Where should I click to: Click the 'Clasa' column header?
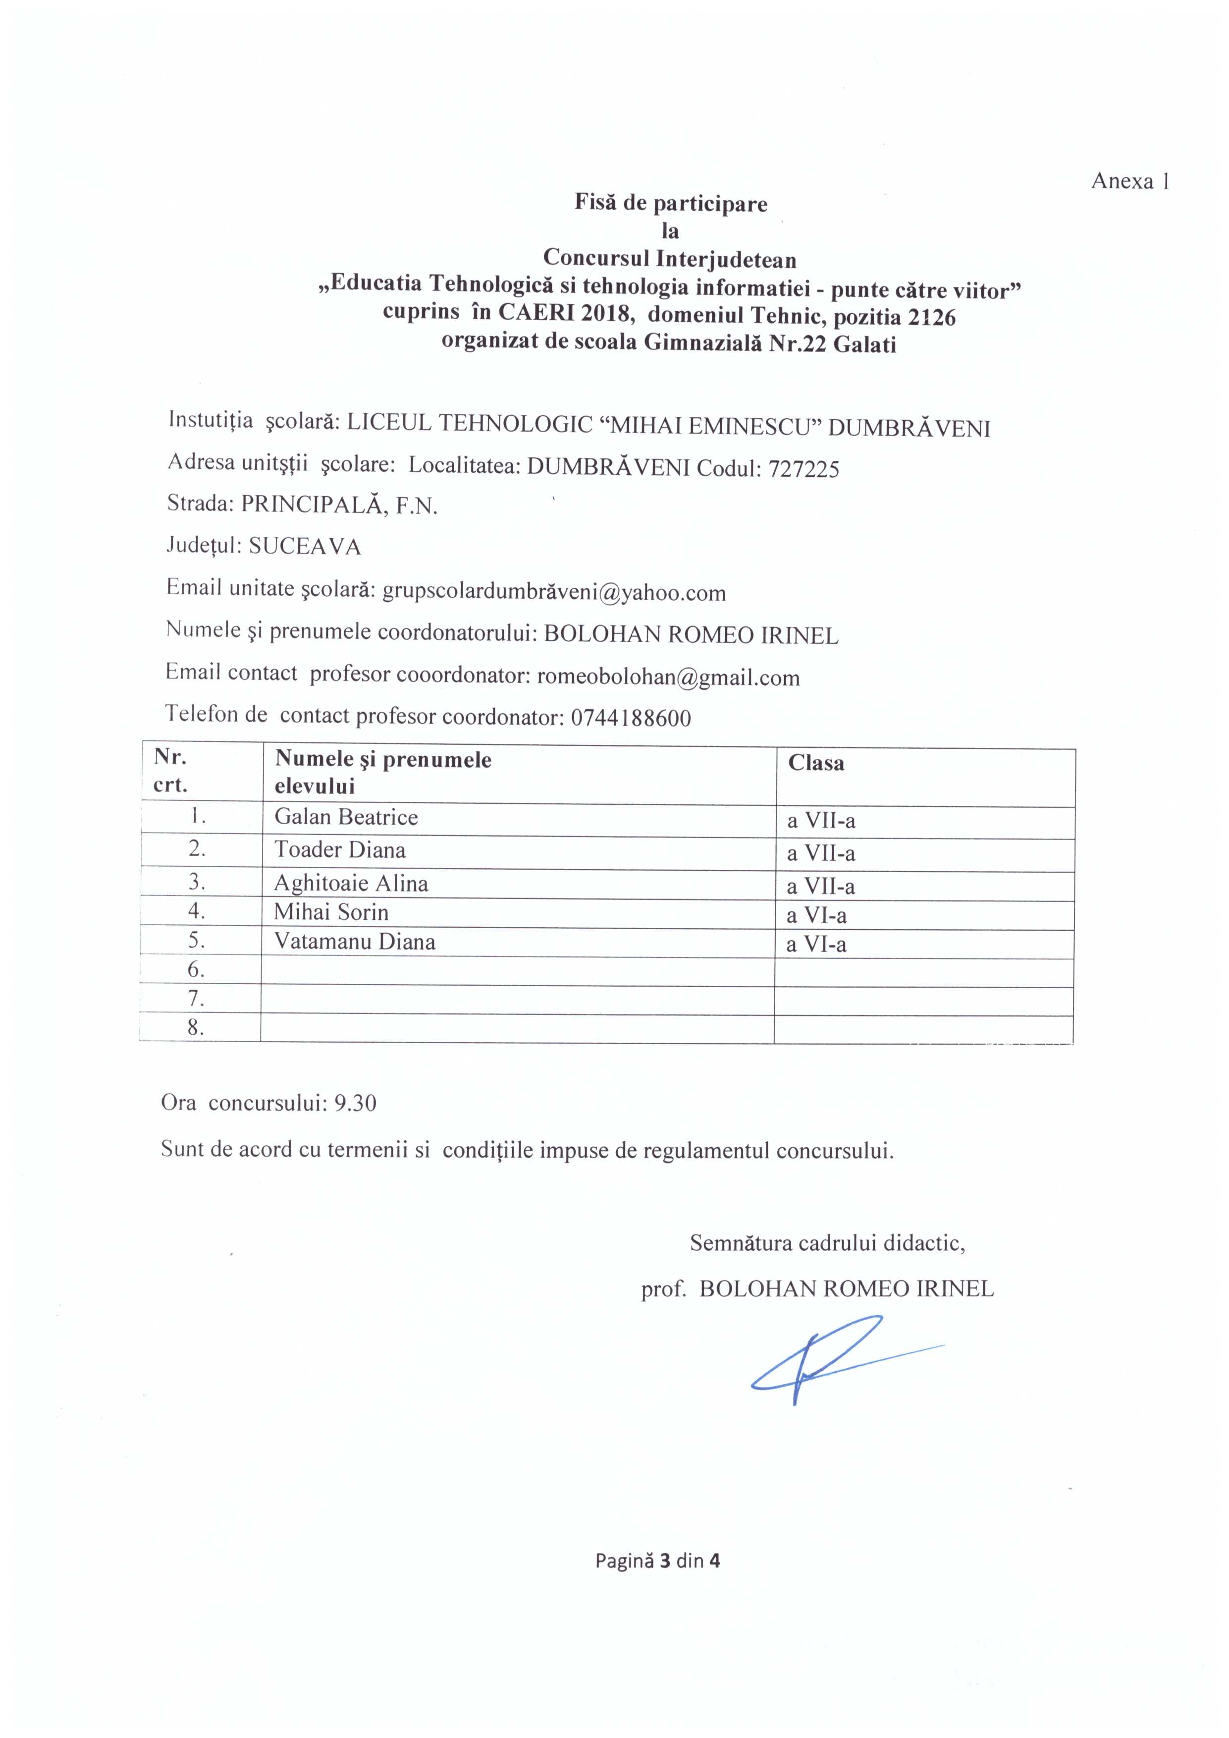click(x=816, y=763)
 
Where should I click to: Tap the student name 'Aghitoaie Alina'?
click(x=351, y=884)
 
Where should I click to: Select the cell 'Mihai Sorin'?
click(x=331, y=912)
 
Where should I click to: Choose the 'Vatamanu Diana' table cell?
click(x=355, y=943)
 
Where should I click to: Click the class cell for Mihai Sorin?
click(x=816, y=916)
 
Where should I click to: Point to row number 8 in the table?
click(x=197, y=1028)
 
